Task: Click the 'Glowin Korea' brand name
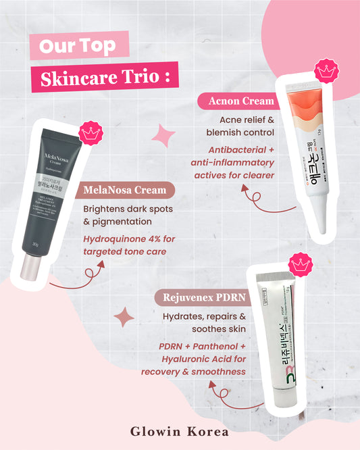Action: tap(180, 430)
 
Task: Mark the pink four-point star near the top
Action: tap(163, 134)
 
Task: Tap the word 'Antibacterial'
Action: tap(229, 149)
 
